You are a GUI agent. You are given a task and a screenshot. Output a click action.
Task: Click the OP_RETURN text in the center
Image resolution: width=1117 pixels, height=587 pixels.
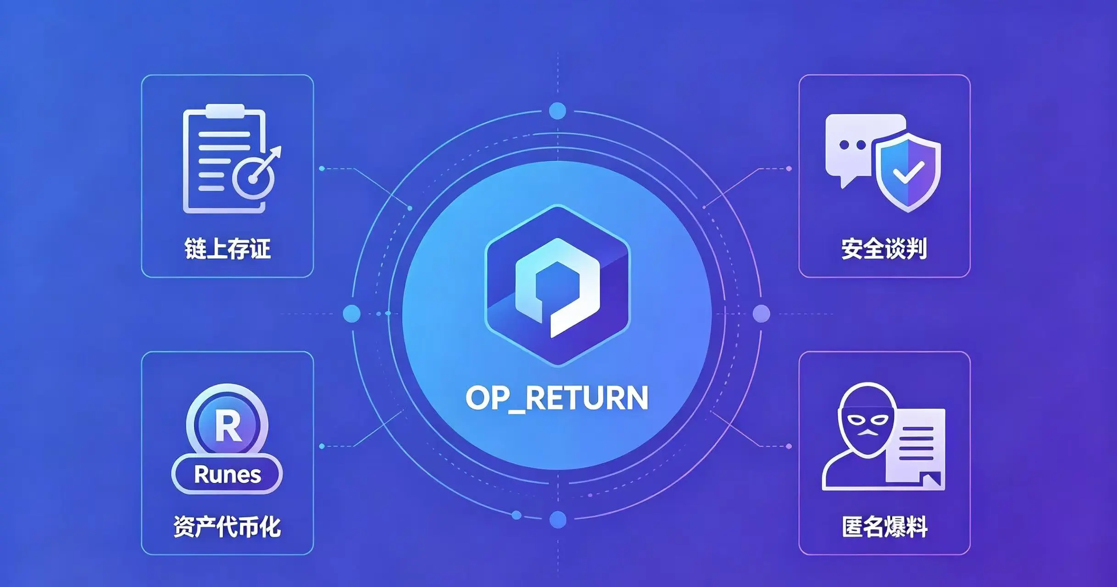[x=557, y=398]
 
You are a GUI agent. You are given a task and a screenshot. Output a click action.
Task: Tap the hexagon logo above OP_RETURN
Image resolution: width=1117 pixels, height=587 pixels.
[x=557, y=285]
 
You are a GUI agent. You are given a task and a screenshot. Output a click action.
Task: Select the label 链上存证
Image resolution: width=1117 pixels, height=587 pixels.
[x=228, y=249]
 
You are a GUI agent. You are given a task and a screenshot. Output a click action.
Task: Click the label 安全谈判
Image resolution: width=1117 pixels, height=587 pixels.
[x=884, y=249]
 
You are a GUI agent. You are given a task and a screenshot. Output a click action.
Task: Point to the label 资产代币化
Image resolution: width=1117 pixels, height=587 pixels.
[x=228, y=526]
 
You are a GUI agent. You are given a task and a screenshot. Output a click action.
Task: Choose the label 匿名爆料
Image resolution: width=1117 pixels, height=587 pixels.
[x=884, y=526]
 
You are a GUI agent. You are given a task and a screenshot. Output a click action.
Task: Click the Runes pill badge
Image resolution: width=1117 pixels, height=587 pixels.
[x=227, y=474]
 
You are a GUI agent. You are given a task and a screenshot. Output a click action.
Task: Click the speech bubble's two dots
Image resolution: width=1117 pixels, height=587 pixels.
[x=852, y=145]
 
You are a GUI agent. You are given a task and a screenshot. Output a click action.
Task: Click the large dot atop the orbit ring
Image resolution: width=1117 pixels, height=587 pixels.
[x=557, y=111]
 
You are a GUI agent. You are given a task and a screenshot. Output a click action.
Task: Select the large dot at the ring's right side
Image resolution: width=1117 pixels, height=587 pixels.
[x=761, y=314]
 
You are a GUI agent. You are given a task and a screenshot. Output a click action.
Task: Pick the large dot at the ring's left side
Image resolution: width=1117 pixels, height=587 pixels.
[x=352, y=314]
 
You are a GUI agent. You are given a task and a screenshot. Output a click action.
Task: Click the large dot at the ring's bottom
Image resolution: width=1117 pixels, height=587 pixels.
[x=558, y=520]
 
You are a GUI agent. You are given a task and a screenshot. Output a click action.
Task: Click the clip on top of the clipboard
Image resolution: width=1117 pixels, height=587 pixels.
[x=225, y=111]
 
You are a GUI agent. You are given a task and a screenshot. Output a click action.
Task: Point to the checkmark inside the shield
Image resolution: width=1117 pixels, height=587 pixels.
[x=908, y=172]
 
